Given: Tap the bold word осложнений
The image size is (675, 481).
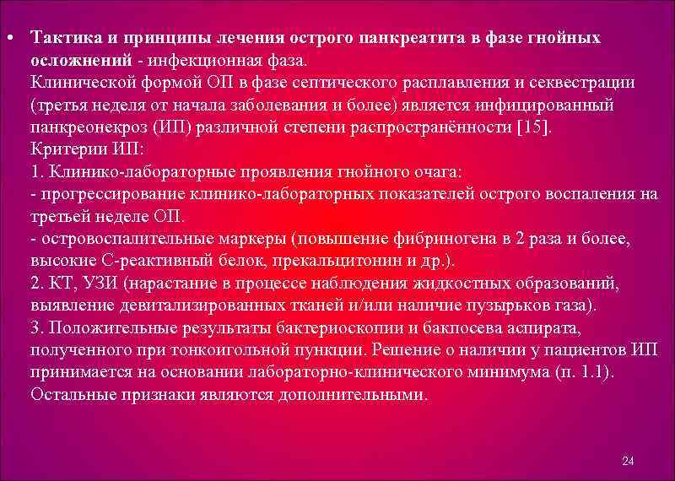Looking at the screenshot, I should click(x=80, y=61).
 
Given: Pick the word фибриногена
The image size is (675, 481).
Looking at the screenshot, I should click(x=451, y=238).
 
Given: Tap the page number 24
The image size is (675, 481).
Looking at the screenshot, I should click(x=627, y=460).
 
